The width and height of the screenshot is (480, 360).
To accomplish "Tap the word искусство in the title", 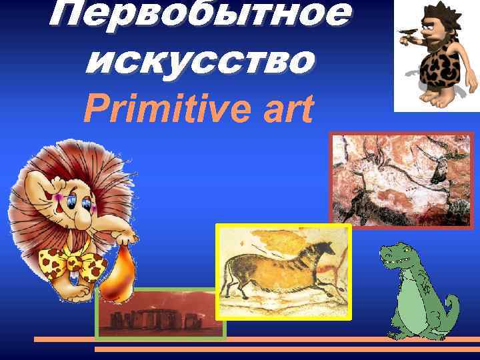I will tap(199, 61).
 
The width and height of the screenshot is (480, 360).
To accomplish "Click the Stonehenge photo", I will tap(160, 313).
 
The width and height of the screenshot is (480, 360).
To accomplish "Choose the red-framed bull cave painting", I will tap(401, 180).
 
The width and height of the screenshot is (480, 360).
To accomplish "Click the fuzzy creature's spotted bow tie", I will tap(73, 263).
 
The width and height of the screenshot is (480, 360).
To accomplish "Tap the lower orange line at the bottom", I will tap(287, 349).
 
